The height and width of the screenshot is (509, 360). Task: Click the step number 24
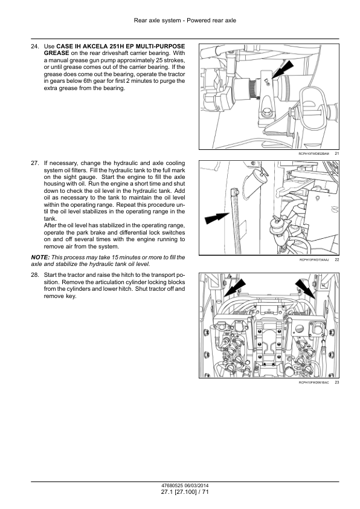click(35, 47)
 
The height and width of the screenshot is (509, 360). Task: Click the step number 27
click(35, 163)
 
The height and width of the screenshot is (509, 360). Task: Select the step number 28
click(35, 275)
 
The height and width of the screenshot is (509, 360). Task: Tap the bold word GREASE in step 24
click(56, 53)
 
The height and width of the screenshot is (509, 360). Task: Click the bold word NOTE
click(40, 258)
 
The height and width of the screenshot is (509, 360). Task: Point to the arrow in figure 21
click(282, 70)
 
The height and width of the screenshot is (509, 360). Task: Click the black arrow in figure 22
click(217, 218)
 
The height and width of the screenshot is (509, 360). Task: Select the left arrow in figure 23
click(234, 288)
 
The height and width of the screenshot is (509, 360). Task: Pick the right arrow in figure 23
click(305, 288)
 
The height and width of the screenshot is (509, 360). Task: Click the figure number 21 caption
click(337, 154)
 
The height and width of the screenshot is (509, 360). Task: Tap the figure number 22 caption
click(337, 260)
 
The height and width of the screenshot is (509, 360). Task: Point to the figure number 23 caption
click(337, 383)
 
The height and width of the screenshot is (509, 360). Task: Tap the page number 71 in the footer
click(205, 492)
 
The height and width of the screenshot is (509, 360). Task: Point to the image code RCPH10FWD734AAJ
click(313, 260)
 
